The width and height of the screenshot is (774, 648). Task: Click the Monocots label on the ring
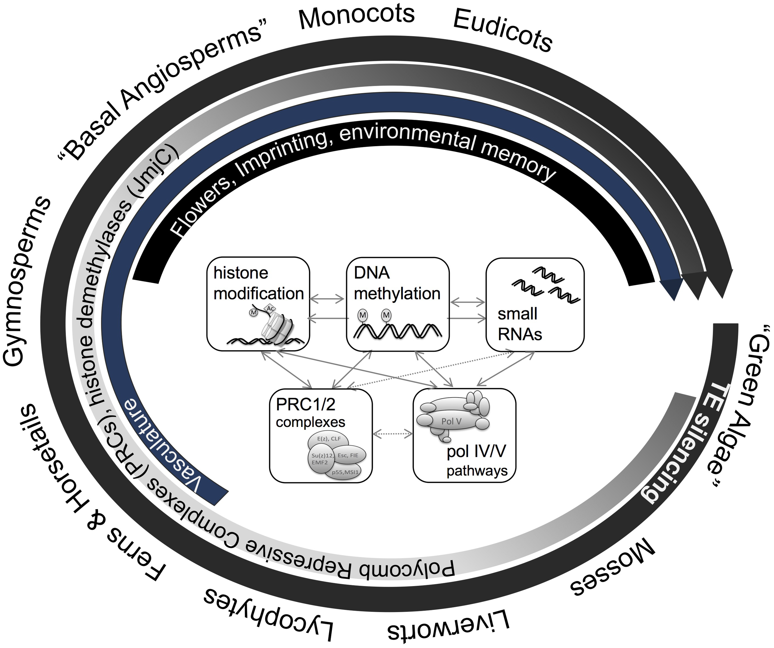[356, 17]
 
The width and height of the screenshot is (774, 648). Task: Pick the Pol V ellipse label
[451, 421]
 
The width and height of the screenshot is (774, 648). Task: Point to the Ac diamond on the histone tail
[270, 308]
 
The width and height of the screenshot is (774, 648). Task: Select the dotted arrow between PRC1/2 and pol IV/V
[393, 434]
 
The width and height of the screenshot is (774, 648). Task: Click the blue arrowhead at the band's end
[671, 289]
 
